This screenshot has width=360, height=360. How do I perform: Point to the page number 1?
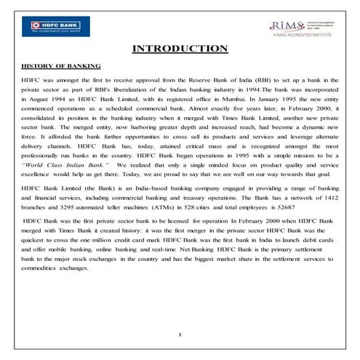click(180, 335)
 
